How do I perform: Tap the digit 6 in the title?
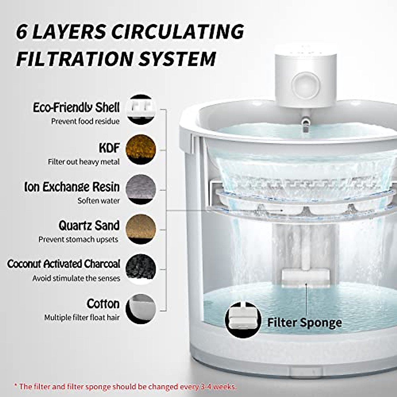(x=22, y=32)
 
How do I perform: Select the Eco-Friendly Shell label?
(x=76, y=108)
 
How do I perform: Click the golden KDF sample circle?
(x=141, y=149)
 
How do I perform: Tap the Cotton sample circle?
(x=141, y=308)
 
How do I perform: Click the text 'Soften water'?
(x=99, y=201)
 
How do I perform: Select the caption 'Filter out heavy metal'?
(x=84, y=162)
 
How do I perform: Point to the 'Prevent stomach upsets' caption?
(x=78, y=239)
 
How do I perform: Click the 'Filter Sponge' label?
(x=304, y=322)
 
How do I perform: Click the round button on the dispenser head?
(x=306, y=85)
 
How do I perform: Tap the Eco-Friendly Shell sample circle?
(x=141, y=110)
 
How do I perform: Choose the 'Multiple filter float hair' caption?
(x=82, y=318)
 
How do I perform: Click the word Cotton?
(x=103, y=304)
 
